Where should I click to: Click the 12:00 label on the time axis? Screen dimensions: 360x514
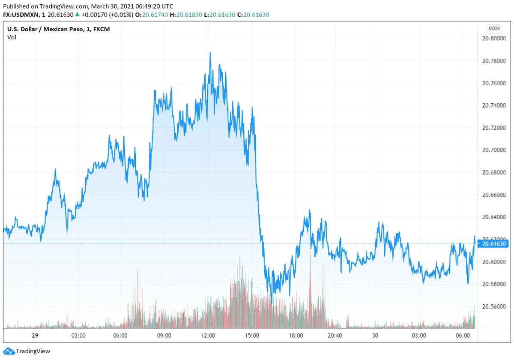coord(208,335)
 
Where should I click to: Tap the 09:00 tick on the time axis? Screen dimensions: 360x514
coord(164,335)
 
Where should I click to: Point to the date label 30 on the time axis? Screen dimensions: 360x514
coord(376,335)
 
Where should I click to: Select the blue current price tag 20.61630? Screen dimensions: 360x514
coord(494,244)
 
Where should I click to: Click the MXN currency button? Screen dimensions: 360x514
coord(493,29)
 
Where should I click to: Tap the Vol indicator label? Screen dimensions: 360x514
coord(12,37)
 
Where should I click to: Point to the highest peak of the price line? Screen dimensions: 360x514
coord(210,53)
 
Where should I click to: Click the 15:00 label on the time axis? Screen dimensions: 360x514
coord(252,335)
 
